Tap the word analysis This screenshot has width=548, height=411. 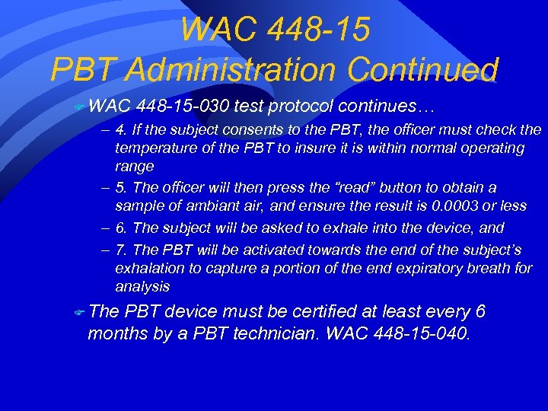point(142,286)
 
